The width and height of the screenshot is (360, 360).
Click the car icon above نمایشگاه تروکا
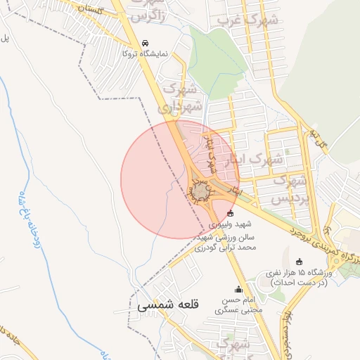tap(146, 42)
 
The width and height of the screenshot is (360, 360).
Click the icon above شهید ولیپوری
tap(231, 214)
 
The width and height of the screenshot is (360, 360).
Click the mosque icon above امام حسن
tap(238, 290)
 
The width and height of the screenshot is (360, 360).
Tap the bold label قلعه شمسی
tap(169, 306)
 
